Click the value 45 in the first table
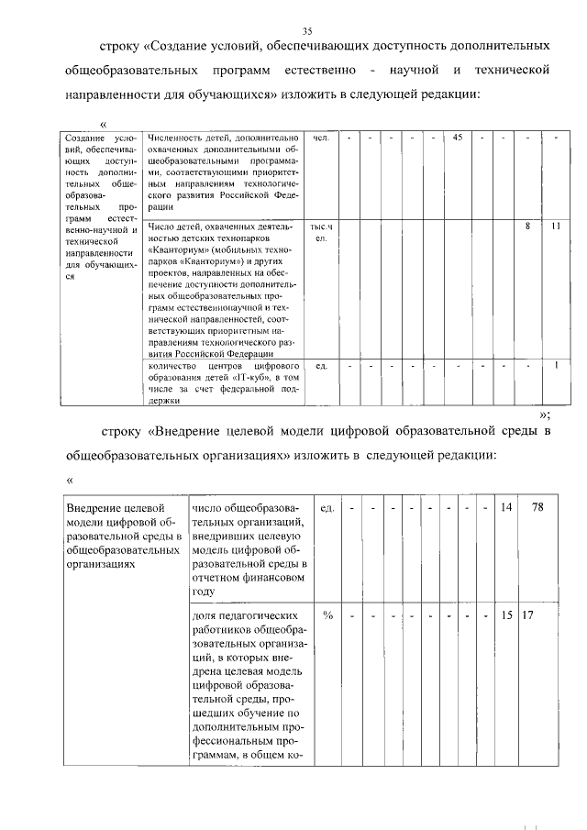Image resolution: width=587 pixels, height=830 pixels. click(x=457, y=138)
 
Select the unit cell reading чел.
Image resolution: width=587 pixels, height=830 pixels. click(x=320, y=138)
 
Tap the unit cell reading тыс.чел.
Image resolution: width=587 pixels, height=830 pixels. click(x=320, y=231)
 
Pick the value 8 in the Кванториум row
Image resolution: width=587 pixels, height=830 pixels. click(x=527, y=226)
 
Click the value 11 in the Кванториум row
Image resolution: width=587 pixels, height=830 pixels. click(x=556, y=226)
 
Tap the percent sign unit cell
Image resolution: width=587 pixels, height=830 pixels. click(x=327, y=614)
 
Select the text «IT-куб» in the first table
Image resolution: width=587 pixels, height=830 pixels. click(x=252, y=378)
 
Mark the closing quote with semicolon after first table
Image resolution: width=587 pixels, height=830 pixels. click(x=545, y=414)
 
